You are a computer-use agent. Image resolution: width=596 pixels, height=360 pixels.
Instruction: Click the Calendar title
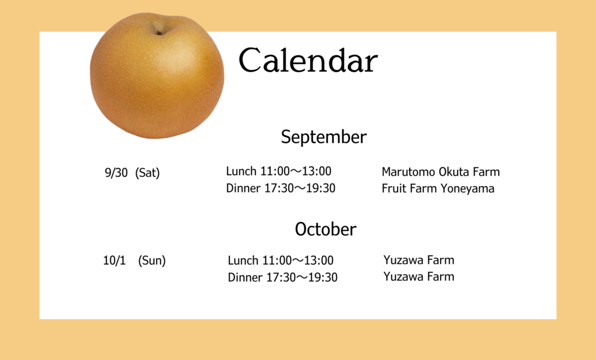(308, 60)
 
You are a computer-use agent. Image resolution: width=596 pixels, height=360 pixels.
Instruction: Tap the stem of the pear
(159, 32)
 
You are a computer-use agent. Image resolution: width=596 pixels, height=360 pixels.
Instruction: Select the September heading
(324, 137)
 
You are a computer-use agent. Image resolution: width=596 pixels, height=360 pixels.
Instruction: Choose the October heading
(326, 229)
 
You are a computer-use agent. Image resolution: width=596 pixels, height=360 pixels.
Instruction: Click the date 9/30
(116, 173)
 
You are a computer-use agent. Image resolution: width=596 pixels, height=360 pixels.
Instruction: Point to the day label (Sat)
(147, 173)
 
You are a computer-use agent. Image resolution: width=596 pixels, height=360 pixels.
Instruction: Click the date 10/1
(115, 261)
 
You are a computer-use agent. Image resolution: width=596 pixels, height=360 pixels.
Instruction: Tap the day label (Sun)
(152, 261)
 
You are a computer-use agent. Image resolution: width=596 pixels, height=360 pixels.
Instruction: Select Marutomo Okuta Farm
(441, 172)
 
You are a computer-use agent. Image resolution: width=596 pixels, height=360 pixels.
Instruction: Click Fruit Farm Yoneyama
(438, 189)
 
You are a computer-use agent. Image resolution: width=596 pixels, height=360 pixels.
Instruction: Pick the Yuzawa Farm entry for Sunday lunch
(419, 260)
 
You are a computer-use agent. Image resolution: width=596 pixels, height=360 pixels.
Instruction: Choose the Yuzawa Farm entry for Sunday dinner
(419, 276)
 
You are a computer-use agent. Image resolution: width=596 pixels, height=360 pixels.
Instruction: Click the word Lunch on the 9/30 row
(242, 171)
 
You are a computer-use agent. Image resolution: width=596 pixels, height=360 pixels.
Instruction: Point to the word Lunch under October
(243, 261)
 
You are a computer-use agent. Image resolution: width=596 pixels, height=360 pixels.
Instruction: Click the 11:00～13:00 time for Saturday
(296, 171)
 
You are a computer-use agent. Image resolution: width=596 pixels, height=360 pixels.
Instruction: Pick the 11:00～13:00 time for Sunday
(298, 261)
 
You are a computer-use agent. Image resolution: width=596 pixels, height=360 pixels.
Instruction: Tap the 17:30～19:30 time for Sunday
(302, 277)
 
